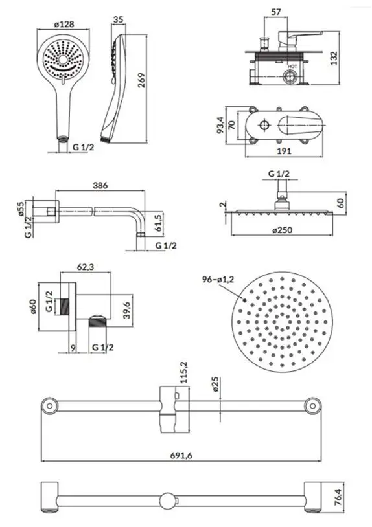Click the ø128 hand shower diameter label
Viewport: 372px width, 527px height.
pos(64,24)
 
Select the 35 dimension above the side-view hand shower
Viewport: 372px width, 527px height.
pos(118,19)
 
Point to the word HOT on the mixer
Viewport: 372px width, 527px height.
pos(292,66)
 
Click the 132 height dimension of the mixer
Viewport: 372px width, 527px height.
pos(333,58)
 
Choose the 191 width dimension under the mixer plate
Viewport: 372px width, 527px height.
pos(284,151)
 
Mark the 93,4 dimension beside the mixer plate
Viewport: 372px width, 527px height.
pos(220,125)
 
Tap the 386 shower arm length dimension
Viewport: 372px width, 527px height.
pos(100,185)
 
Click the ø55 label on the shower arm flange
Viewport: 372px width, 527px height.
pos(21,208)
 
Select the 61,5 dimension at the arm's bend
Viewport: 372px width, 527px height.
pos(158,223)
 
